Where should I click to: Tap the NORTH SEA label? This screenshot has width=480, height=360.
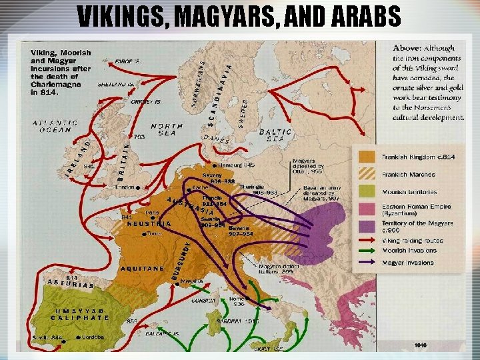tap(167, 129)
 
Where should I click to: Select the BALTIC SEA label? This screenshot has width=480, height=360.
tap(275, 135)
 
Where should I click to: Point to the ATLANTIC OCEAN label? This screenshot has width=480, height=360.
tap(55, 126)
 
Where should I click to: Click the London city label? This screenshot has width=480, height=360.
tap(125, 188)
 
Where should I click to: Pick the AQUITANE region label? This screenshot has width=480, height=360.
tap(142, 268)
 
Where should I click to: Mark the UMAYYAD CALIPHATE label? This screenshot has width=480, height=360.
tap(79, 314)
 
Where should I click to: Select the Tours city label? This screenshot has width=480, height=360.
tap(155, 234)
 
